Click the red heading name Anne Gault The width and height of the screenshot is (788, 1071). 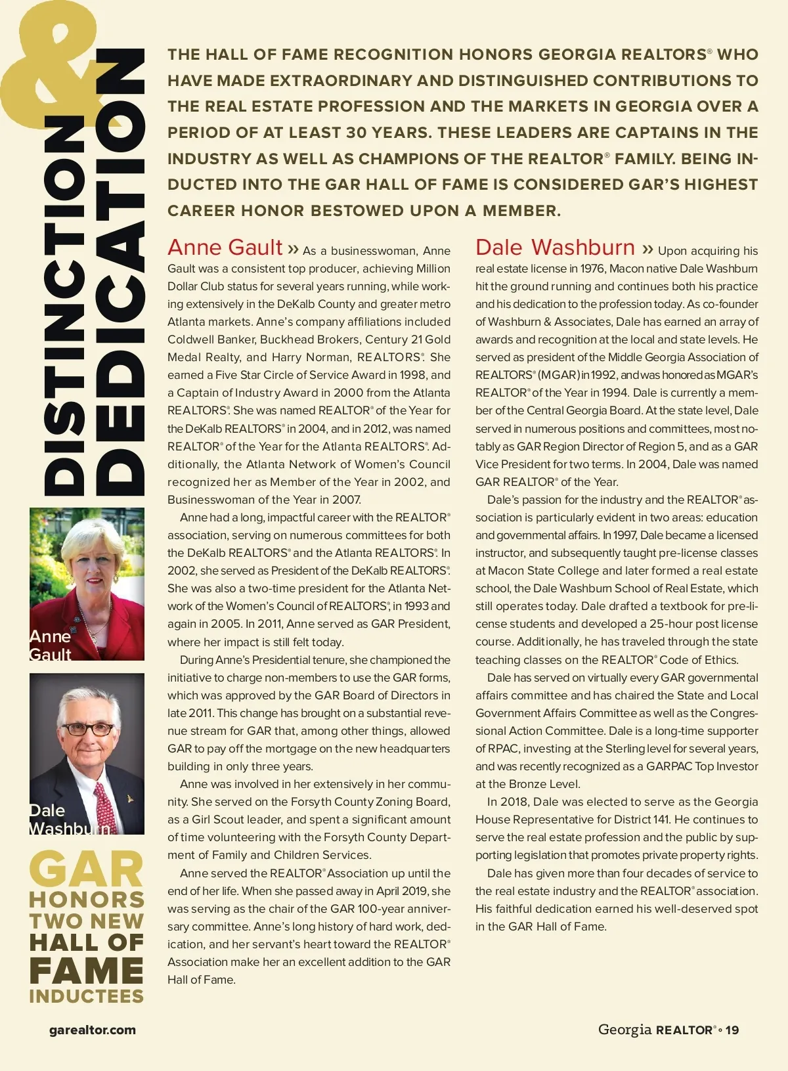(225, 248)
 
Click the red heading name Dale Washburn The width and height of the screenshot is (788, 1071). (555, 248)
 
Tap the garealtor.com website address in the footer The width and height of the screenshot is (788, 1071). (93, 1030)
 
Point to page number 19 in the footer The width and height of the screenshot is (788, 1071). (732, 1030)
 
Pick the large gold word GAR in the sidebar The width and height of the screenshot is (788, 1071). (86, 870)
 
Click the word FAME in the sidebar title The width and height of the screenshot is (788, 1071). (86, 971)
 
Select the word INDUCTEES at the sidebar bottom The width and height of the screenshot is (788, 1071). (86, 996)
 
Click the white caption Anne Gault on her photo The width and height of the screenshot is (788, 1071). (50, 645)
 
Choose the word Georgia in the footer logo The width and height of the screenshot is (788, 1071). (624, 1030)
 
